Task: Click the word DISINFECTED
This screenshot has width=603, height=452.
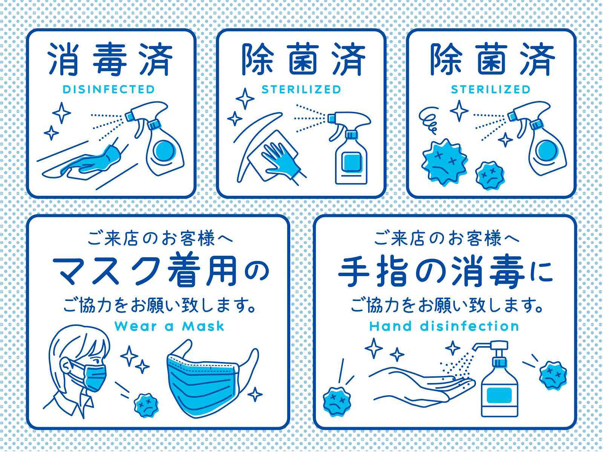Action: tap(109, 90)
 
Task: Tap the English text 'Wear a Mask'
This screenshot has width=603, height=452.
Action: tap(169, 326)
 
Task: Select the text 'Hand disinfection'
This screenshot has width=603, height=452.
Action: tap(444, 326)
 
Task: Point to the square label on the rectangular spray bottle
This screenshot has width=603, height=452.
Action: tap(352, 163)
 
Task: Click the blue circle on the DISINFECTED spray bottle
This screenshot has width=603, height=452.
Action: tap(164, 150)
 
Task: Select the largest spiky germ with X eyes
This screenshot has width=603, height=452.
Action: tap(444, 162)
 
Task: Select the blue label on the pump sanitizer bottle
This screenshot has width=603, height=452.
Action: tap(499, 395)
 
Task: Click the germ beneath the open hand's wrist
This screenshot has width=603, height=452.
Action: tap(337, 402)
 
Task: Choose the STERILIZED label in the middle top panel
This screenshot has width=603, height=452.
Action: tap(301, 90)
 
